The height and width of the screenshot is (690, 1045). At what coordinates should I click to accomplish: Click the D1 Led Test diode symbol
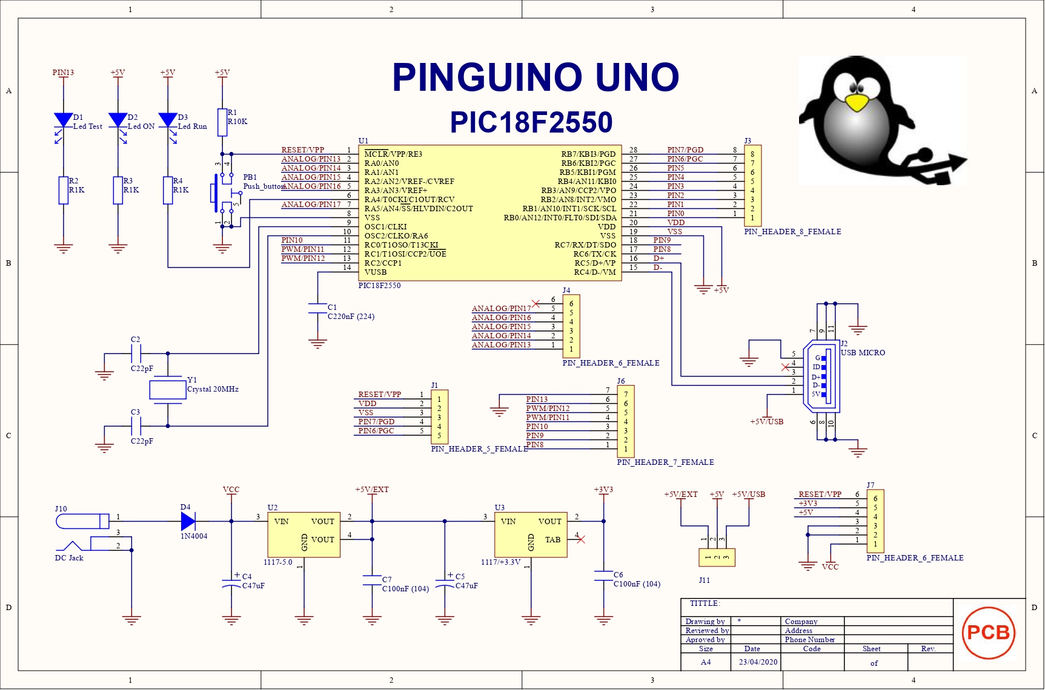[63, 120]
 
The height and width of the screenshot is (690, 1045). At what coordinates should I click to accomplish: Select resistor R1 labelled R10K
[222, 122]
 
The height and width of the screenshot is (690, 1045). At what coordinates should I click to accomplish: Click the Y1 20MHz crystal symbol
[167, 389]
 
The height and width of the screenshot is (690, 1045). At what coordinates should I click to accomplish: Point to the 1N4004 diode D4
[188, 521]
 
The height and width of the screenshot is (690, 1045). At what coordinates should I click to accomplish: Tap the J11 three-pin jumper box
[717, 557]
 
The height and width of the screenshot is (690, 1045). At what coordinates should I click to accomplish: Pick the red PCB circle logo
[988, 632]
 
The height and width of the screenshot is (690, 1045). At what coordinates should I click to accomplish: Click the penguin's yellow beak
[856, 103]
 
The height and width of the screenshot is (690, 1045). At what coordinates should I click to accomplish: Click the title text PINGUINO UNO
[536, 77]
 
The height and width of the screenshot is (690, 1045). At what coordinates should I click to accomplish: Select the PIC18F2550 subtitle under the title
[531, 122]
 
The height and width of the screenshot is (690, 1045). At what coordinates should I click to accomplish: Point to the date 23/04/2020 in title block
[758, 662]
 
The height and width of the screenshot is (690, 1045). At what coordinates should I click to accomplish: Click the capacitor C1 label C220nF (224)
[351, 317]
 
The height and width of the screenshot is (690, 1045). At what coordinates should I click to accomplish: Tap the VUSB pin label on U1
[376, 272]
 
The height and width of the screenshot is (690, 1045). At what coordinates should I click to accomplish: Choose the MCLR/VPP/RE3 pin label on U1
[393, 154]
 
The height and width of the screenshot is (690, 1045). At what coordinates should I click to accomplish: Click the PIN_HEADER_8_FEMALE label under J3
[792, 232]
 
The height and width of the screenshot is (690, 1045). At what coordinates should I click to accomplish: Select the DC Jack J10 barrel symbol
[83, 521]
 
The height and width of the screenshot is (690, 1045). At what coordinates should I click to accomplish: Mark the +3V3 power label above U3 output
[603, 490]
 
